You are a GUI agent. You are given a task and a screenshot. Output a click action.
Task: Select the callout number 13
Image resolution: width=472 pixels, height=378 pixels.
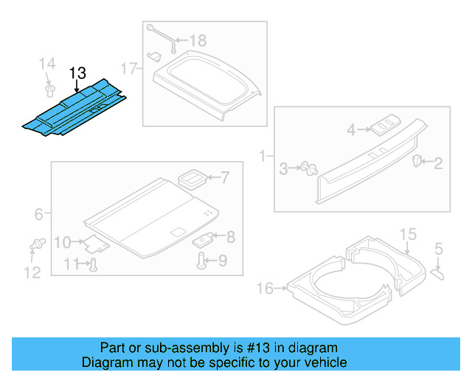[x=77, y=73]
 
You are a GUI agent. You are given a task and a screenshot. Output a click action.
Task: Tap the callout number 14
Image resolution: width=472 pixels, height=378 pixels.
[x=47, y=63]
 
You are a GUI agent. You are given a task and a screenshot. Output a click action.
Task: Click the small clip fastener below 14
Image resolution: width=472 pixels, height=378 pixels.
[x=48, y=91]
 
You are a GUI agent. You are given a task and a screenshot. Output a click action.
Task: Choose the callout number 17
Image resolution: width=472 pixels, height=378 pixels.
[x=129, y=69]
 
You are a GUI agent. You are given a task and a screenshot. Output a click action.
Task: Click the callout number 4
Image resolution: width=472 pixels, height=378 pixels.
[x=352, y=130]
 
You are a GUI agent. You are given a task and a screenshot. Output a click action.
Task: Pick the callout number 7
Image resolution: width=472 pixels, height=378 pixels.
[x=225, y=177]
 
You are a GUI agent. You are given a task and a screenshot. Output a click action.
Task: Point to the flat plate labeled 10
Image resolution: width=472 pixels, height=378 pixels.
[x=94, y=244]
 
